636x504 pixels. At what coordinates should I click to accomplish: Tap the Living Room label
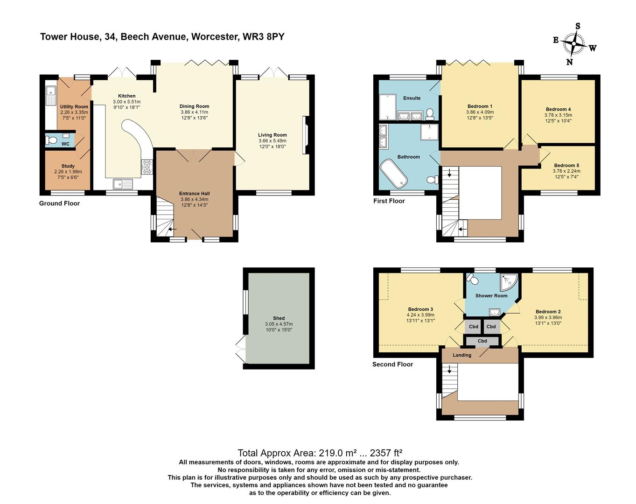point(272,135)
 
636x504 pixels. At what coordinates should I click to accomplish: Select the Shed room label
point(279,318)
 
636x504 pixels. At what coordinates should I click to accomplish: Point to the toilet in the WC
point(52,140)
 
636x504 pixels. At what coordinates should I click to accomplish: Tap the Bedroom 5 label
point(566,165)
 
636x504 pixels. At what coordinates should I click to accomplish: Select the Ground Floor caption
point(59,203)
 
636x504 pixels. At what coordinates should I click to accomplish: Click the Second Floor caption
point(392,364)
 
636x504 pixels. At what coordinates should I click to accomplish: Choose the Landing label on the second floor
point(462,355)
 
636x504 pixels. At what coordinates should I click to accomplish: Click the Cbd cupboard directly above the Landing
point(482,341)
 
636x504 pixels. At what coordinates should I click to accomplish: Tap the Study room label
point(68,166)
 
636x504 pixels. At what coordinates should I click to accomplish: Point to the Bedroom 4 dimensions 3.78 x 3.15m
point(558,115)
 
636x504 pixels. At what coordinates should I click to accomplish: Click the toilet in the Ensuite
point(430,113)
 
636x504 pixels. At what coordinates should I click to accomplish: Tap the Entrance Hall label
point(195,194)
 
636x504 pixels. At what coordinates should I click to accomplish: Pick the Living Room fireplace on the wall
point(305,135)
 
